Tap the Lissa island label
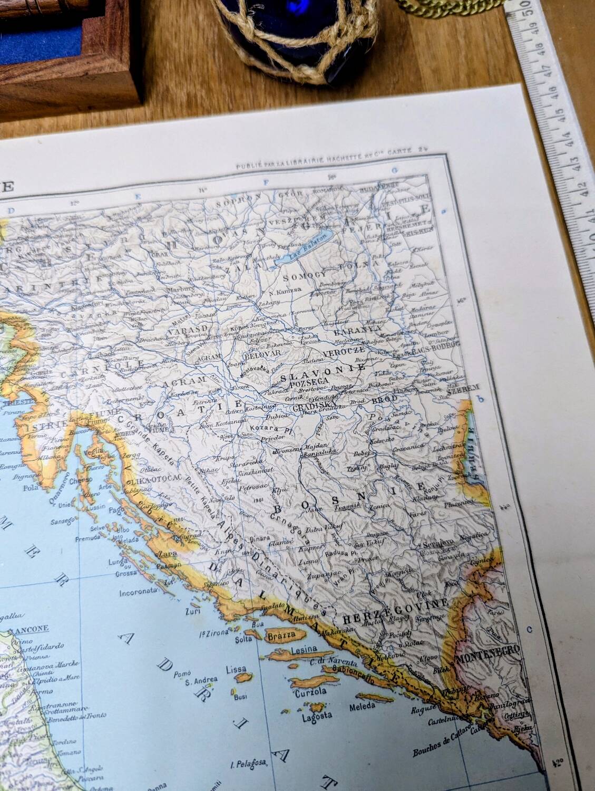click(x=236, y=669)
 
